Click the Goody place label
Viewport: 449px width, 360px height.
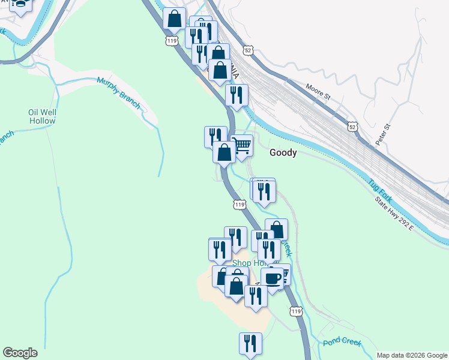click(283, 152)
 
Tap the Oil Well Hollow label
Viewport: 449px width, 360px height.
click(42, 116)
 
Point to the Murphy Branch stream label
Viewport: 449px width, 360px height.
click(118, 92)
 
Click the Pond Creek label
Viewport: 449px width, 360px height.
click(340, 342)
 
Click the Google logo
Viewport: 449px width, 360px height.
click(20, 353)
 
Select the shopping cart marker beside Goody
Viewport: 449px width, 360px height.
click(242, 145)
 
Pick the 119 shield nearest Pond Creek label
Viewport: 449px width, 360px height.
click(295, 311)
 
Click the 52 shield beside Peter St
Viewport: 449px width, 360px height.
click(353, 126)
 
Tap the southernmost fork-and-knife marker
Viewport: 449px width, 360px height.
click(250, 343)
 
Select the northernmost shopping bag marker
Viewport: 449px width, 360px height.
click(175, 19)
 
